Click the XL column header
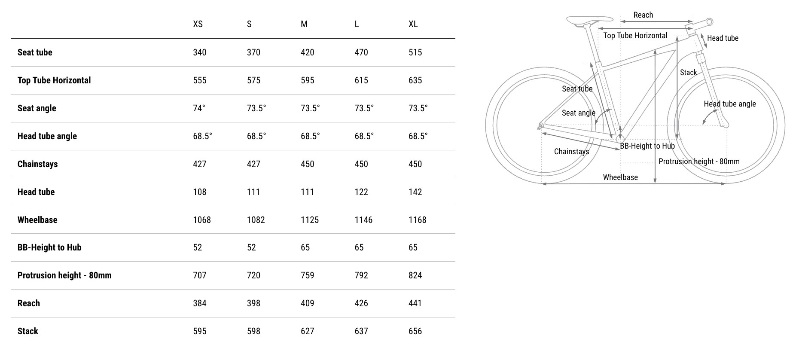click(413, 24)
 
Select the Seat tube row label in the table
click(35, 52)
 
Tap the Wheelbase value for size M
click(310, 220)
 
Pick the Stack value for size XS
click(200, 331)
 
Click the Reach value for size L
click(361, 303)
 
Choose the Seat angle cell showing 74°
click(199, 108)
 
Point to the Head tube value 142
click(415, 192)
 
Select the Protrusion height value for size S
click(253, 275)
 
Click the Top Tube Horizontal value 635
click(415, 80)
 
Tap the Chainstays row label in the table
click(37, 164)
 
